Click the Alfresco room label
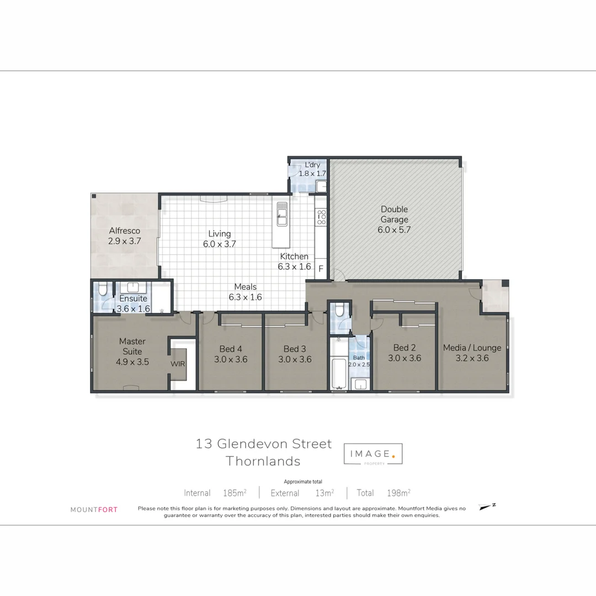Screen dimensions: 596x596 click(x=124, y=231)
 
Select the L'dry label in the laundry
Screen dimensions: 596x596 click(x=312, y=165)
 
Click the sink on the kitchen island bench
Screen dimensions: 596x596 click(x=282, y=213)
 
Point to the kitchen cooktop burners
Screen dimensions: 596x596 click(x=321, y=217)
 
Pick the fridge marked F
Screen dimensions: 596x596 click(x=321, y=270)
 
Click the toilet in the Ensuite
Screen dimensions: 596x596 click(x=102, y=290)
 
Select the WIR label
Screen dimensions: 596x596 click(x=178, y=364)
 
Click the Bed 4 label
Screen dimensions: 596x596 click(x=230, y=349)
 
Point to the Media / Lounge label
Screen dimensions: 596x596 click(x=472, y=348)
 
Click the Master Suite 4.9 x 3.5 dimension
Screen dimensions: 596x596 click(x=132, y=362)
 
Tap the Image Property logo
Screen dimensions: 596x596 click(x=373, y=454)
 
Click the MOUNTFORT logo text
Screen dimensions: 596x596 click(x=94, y=510)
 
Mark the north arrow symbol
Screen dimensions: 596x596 click(x=486, y=507)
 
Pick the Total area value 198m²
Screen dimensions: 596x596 click(x=398, y=493)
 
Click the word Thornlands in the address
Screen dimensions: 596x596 click(x=263, y=461)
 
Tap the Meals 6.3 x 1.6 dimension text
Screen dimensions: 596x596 click(x=245, y=297)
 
